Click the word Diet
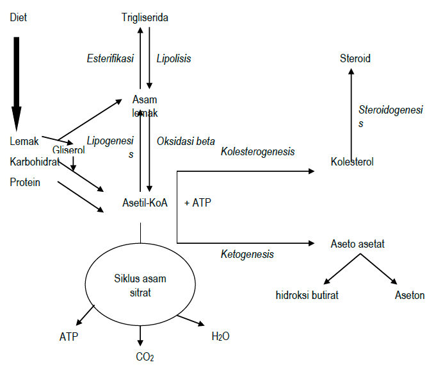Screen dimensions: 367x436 [x=19, y=17]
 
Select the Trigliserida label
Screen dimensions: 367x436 [x=145, y=17]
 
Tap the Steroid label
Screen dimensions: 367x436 [x=355, y=58]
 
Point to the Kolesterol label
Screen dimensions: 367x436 [x=352, y=162]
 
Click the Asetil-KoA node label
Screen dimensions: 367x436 [x=145, y=203]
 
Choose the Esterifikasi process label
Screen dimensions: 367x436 [x=110, y=58]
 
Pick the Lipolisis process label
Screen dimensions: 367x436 [x=174, y=58]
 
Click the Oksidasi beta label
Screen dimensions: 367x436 [x=186, y=141]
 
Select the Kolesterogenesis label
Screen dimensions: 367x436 [x=257, y=151]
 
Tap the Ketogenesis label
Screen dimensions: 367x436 [x=247, y=254]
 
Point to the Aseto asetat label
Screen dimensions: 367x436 [x=357, y=244]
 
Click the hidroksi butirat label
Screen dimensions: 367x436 [x=307, y=295]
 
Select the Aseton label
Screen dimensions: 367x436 [x=410, y=295]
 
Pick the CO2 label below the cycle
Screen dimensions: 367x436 [x=145, y=357]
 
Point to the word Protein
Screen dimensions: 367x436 [x=25, y=182]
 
